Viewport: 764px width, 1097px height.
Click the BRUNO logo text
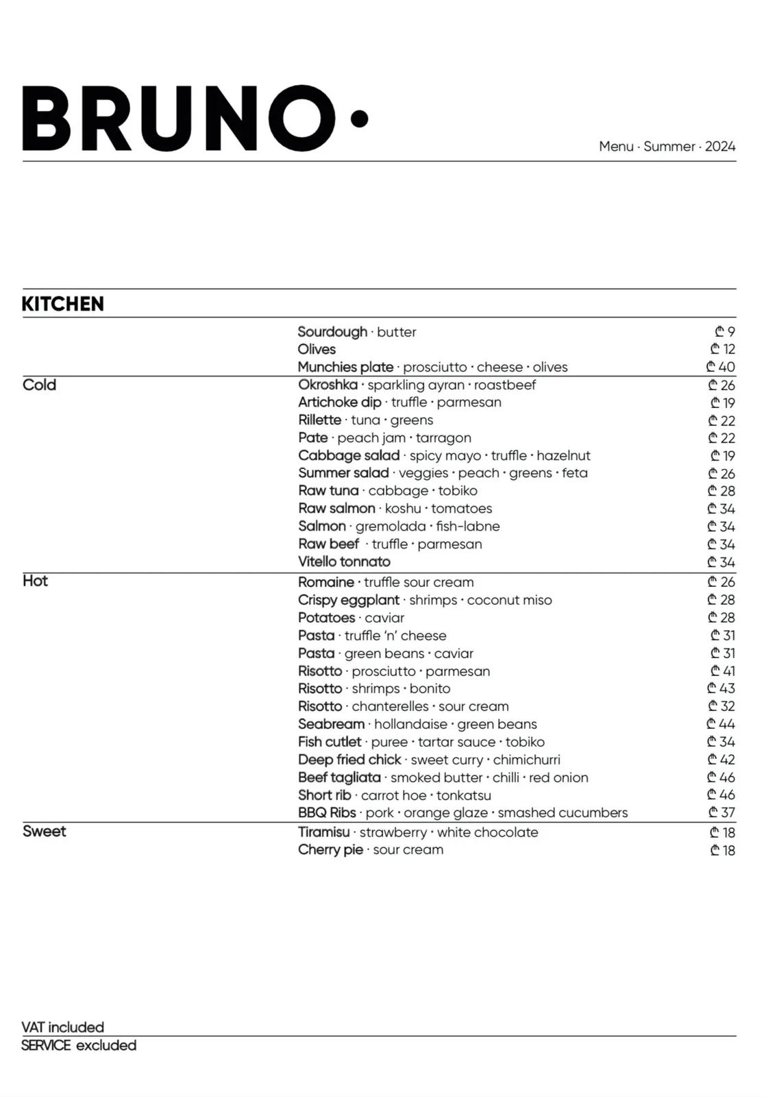point(178,118)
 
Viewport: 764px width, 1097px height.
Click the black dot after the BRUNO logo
point(359,119)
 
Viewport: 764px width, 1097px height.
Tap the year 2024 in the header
point(720,146)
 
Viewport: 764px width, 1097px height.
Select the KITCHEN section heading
point(63,304)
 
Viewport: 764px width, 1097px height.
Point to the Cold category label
point(39,385)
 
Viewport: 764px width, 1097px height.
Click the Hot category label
point(35,581)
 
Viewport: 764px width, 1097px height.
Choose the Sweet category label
point(44,831)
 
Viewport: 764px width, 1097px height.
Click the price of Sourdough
point(726,332)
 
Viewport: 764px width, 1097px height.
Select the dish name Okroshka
point(328,385)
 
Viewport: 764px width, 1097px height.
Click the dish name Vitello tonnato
point(344,562)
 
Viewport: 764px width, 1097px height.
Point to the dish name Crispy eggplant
point(348,600)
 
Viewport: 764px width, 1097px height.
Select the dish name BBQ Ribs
point(327,812)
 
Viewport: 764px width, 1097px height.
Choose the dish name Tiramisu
point(323,832)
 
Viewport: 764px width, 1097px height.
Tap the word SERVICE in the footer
point(46,1045)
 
